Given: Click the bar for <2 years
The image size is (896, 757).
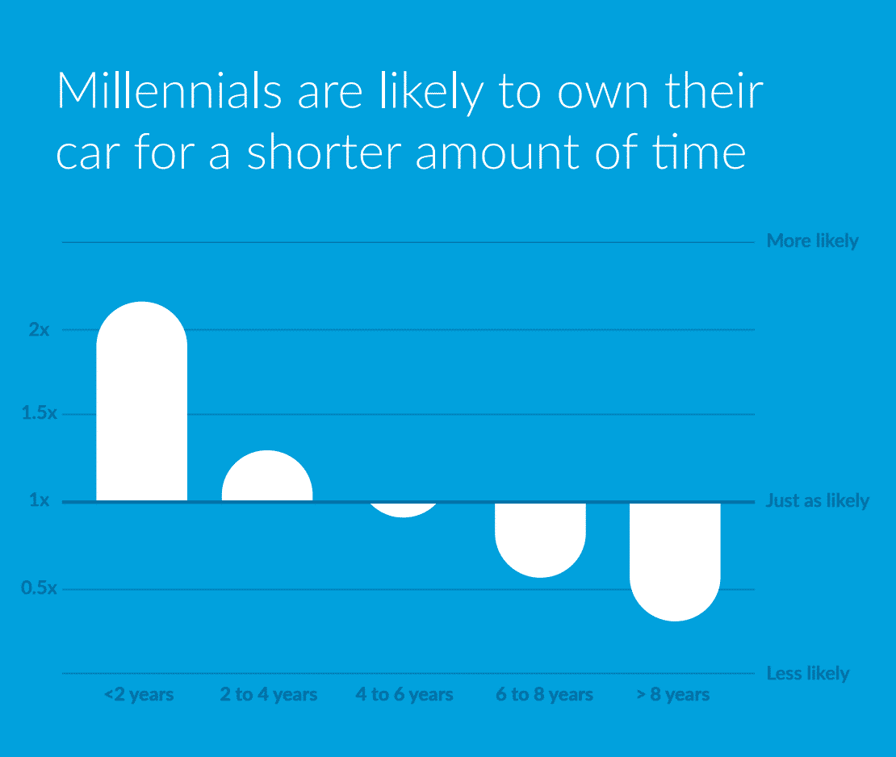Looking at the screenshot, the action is pyautogui.click(x=142, y=401).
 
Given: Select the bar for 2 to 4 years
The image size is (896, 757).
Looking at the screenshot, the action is pyautogui.click(x=267, y=476).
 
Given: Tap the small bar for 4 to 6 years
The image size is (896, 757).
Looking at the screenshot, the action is pyautogui.click(x=404, y=510).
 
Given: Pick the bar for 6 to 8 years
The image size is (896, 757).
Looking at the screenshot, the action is pyautogui.click(x=540, y=541).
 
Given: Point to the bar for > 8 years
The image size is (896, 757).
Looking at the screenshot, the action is pyautogui.click(x=675, y=563).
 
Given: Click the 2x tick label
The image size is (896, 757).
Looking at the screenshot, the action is pyautogui.click(x=39, y=329).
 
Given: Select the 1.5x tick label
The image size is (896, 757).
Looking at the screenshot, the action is pyautogui.click(x=39, y=413).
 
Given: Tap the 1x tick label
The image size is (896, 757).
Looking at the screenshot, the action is pyautogui.click(x=39, y=500).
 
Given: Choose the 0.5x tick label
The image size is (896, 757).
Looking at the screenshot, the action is pyautogui.click(x=39, y=588).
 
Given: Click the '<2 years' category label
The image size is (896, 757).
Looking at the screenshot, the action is pyautogui.click(x=139, y=695).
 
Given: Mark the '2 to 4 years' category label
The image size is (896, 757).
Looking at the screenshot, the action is pyautogui.click(x=269, y=695).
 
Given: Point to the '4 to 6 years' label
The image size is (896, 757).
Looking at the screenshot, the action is pyautogui.click(x=404, y=695).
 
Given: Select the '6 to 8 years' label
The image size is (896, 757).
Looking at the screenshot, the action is pyautogui.click(x=544, y=695).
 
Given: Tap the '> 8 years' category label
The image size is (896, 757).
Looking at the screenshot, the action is pyautogui.click(x=673, y=695).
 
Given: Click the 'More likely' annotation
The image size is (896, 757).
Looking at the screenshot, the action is pyautogui.click(x=813, y=241).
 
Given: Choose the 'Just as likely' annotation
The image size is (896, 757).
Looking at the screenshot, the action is pyautogui.click(x=817, y=501).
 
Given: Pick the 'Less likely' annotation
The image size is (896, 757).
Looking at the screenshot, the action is pyautogui.click(x=807, y=674).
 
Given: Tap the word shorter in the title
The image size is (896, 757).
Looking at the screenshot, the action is pyautogui.click(x=324, y=152).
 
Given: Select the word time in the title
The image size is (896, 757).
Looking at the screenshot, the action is pyautogui.click(x=699, y=152).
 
